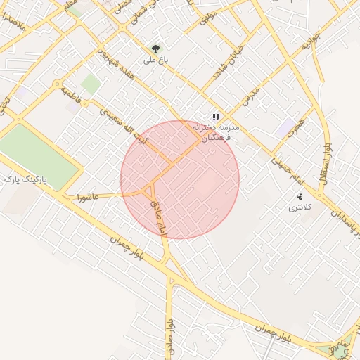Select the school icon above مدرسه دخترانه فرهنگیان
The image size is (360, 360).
pyautogui.click(x=216, y=117)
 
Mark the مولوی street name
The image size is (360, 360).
pyautogui.click(x=210, y=17)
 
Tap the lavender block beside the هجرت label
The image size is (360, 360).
pyautogui.click(x=286, y=128)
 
